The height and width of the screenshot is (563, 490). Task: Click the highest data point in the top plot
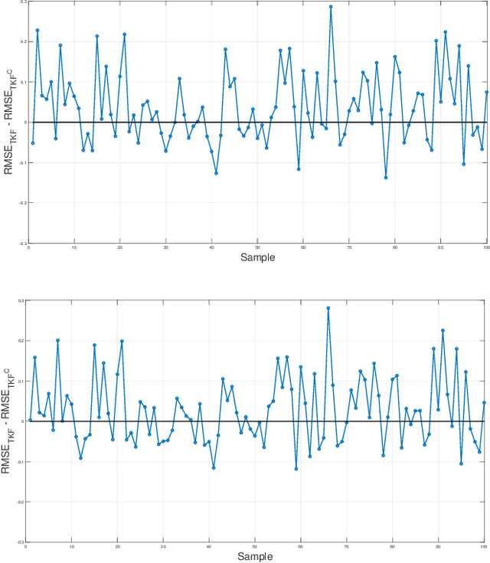tap(331, 7)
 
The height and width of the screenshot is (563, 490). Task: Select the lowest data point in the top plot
tap(386, 178)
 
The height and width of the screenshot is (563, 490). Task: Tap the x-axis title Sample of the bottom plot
tap(254, 556)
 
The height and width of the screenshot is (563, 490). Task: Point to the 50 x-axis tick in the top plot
tap(257, 247)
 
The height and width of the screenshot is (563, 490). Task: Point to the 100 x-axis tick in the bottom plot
tap(483, 546)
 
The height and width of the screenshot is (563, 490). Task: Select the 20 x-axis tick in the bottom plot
tap(117, 546)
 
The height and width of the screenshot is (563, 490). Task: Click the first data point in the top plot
tap(32, 142)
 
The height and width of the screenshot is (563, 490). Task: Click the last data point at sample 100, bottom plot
tap(484, 402)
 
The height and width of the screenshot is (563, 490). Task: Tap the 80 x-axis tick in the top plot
tap(395, 247)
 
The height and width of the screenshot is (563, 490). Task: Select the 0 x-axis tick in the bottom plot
tap(26, 546)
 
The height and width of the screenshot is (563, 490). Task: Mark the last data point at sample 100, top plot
tap(486, 92)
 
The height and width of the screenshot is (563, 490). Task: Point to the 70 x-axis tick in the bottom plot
tap(346, 546)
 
